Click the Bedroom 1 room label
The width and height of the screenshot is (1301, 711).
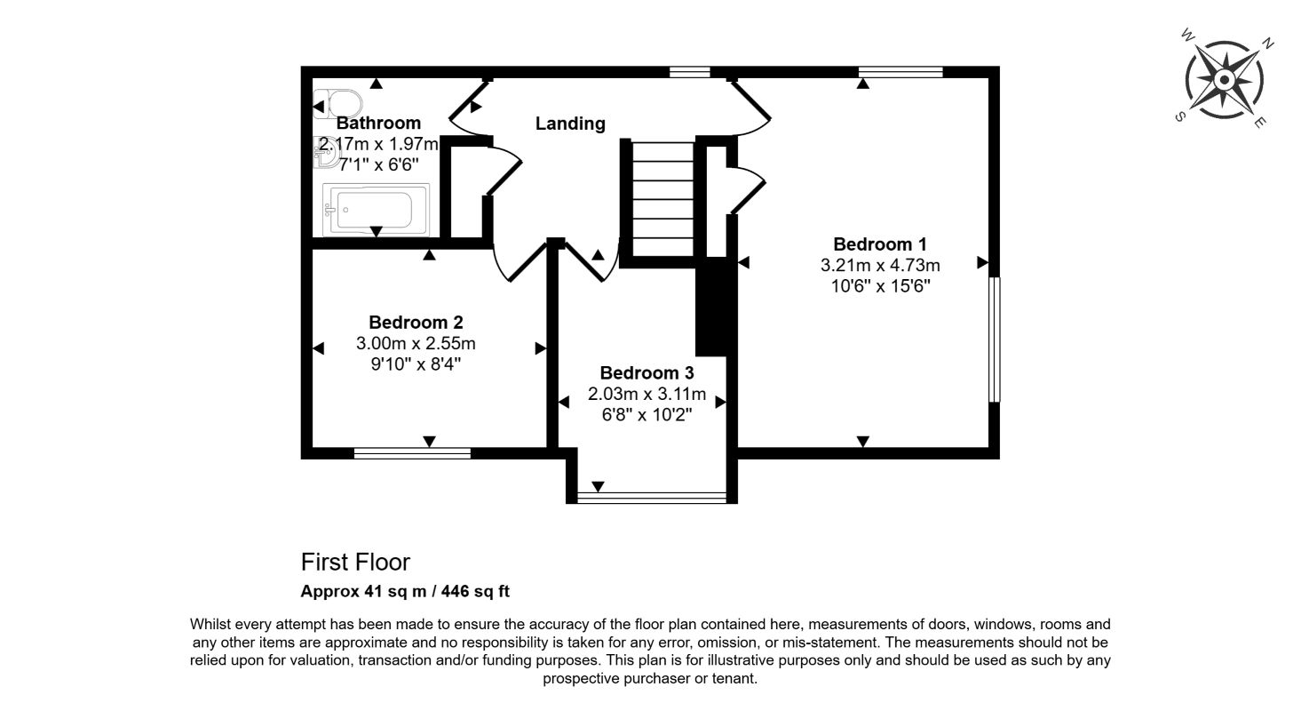click(880, 244)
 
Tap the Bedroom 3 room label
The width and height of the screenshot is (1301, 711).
click(647, 373)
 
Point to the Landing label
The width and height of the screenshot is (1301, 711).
click(570, 124)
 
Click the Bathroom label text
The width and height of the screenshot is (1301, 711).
click(378, 123)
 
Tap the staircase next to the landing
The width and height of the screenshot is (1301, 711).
click(662, 201)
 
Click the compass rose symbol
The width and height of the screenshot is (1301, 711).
click(1224, 80)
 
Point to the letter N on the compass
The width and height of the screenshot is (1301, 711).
click(1269, 43)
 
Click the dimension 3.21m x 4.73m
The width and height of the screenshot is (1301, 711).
click(880, 265)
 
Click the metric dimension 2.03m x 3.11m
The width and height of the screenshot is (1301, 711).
click(647, 394)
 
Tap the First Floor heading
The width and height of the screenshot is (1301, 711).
click(355, 563)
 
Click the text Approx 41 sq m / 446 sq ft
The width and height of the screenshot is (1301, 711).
click(405, 591)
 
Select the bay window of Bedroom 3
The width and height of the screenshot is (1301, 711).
click(651, 497)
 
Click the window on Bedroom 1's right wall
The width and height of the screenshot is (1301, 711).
click(995, 340)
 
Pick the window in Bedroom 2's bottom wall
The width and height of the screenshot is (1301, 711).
click(411, 453)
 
